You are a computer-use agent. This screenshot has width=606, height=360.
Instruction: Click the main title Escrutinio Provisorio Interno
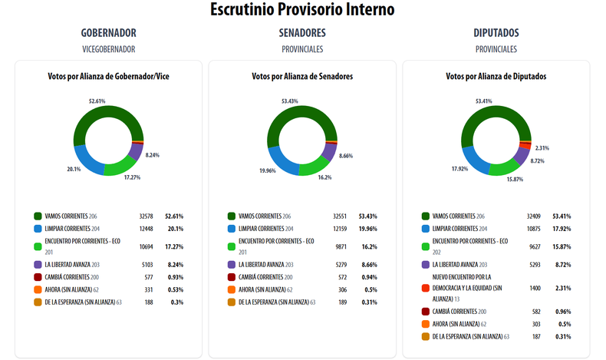point(302,10)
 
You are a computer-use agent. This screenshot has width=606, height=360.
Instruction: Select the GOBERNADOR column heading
point(108,33)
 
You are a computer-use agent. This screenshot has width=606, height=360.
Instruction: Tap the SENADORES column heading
point(302,33)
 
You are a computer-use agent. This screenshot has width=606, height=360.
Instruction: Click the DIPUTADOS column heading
point(496,33)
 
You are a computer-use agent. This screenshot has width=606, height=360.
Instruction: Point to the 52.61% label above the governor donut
point(97,100)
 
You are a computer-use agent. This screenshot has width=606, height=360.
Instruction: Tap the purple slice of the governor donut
point(135,152)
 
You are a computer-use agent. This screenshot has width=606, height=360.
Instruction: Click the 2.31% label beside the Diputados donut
point(542,147)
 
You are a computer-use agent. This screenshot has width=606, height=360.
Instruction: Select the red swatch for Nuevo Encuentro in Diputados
point(425,287)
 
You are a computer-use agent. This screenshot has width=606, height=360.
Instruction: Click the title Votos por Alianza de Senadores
point(302,77)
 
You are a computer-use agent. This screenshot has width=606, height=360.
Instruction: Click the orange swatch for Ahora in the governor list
point(38,289)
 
